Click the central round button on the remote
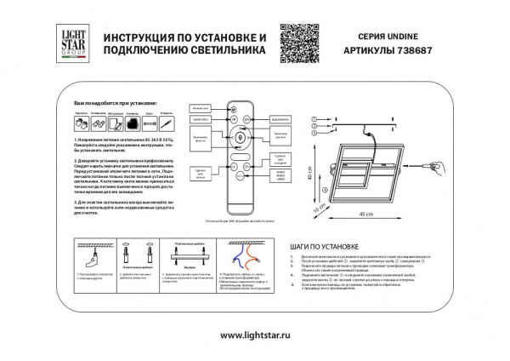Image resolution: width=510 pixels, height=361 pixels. click(x=240, y=136)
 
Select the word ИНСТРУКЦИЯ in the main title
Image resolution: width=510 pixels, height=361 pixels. click(x=142, y=39)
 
